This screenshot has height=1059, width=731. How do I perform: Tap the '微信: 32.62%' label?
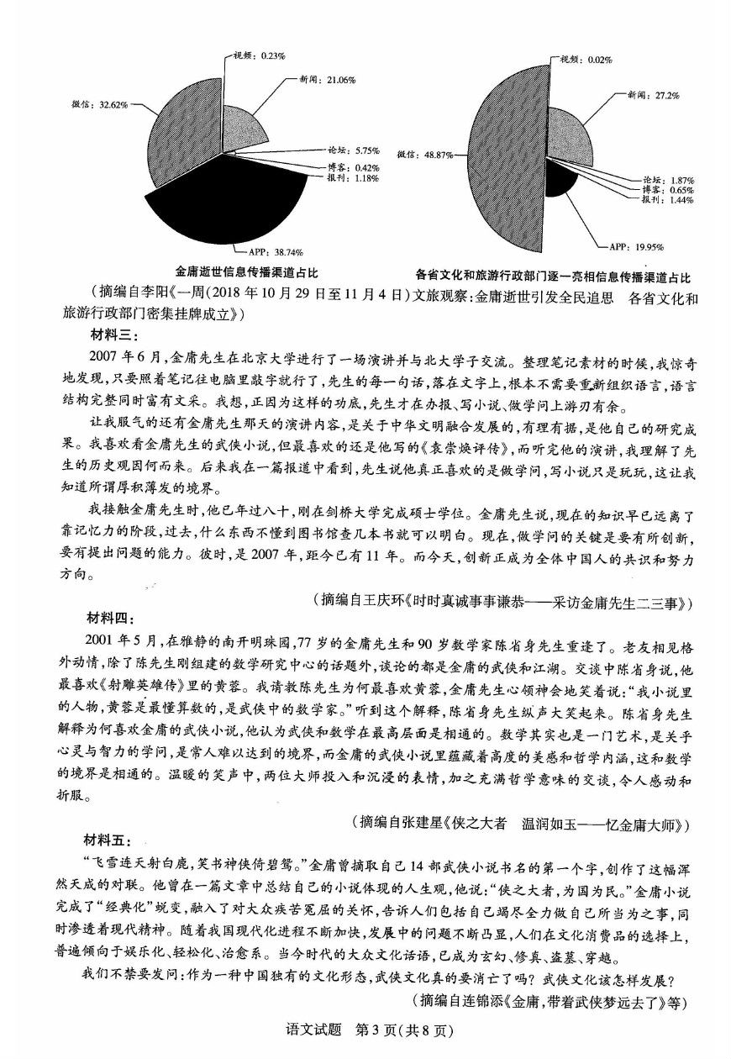tap(100, 105)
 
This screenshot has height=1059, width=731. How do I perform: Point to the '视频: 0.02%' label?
tap(585, 59)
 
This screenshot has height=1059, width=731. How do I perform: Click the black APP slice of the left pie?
tap(244, 202)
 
